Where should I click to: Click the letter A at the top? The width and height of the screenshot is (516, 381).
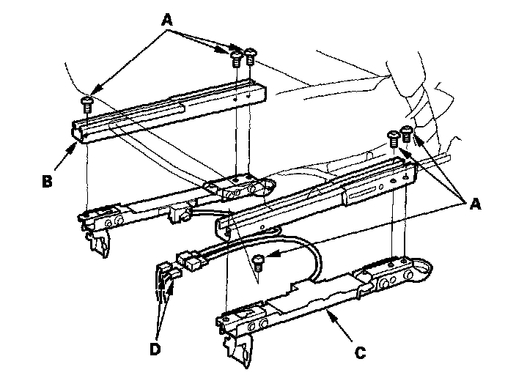pyautogui.click(x=167, y=20)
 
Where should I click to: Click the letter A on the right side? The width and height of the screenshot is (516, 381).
pyautogui.click(x=475, y=204)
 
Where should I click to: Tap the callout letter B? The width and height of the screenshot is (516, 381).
pyautogui.click(x=47, y=181)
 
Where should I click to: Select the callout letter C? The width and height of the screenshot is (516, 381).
pyautogui.click(x=361, y=353)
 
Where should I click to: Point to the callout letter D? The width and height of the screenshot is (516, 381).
pyautogui.click(x=155, y=349)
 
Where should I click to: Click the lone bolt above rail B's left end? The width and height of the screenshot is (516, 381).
pyautogui.click(x=87, y=104)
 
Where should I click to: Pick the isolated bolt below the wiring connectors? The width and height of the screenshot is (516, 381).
pyautogui.click(x=258, y=264)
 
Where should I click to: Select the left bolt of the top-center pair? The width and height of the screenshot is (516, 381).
pyautogui.click(x=236, y=59)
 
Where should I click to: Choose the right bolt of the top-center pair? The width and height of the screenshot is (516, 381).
pyautogui.click(x=251, y=56)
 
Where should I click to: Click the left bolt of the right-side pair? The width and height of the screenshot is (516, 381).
pyautogui.click(x=394, y=138)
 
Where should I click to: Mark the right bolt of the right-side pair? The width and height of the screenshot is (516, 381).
pyautogui.click(x=406, y=133)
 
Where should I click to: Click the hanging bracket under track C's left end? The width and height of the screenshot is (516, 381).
pyautogui.click(x=239, y=349)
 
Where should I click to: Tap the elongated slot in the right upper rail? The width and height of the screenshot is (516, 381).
pyautogui.click(x=361, y=193)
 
